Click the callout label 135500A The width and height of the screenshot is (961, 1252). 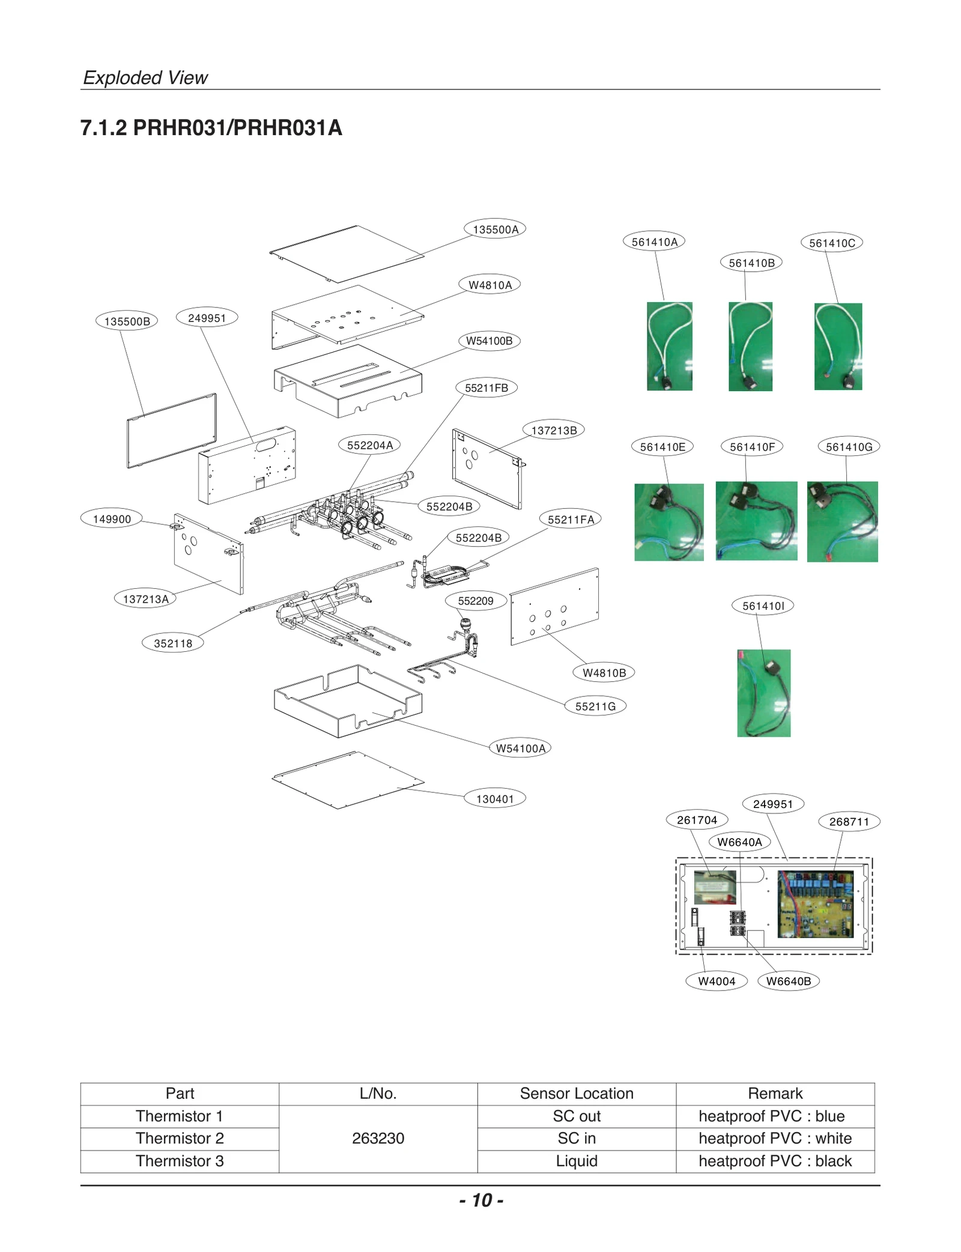[495, 229]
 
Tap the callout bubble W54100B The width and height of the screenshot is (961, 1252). [489, 341]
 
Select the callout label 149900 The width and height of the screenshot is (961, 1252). [112, 518]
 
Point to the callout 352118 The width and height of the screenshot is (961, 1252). [173, 643]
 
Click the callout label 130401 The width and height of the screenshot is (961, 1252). [495, 798]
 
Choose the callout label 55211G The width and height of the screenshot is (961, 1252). [595, 706]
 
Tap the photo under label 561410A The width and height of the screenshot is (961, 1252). [669, 346]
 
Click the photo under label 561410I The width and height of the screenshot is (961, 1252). [763, 693]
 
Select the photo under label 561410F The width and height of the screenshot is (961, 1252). [756, 521]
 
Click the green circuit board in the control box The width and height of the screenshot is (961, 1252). [815, 905]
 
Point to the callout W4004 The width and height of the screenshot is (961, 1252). [717, 981]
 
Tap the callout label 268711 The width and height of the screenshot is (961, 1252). [849, 821]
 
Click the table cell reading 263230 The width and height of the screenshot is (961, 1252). [378, 1138]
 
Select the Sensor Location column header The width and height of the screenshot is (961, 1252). [576, 1093]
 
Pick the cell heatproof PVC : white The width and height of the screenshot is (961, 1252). [775, 1138]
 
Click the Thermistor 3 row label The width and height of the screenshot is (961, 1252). [180, 1161]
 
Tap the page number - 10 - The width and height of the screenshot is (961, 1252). [481, 1200]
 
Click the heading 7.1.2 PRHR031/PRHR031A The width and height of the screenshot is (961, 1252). [211, 128]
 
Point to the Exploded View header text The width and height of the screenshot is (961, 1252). [145, 77]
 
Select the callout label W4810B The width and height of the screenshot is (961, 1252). [604, 672]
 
